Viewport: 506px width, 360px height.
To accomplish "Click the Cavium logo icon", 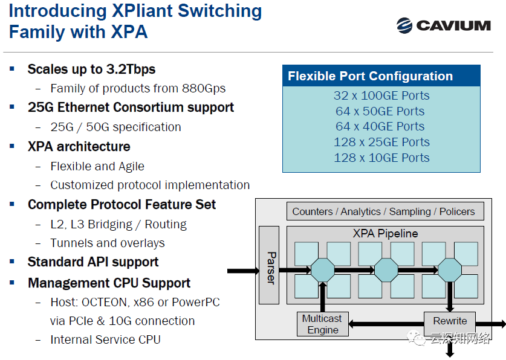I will click(404, 25).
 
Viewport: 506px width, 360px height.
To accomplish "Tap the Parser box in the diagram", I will click(269, 265).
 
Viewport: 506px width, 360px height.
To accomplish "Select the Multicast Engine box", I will click(323, 324).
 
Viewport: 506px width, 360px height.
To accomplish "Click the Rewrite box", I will click(450, 321).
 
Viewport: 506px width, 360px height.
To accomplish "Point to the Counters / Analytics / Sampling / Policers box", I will click(384, 211).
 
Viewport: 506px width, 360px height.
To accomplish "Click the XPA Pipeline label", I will click(385, 233).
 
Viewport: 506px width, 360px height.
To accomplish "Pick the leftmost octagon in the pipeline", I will click(322, 270).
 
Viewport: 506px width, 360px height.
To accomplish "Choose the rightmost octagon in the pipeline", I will click(449, 270).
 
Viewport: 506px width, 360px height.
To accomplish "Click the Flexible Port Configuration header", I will click(370, 76).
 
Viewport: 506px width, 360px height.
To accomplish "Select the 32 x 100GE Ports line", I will click(381, 95).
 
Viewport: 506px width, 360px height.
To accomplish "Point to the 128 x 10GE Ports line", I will click(381, 158).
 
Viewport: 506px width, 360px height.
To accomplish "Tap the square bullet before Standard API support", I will click(12, 262).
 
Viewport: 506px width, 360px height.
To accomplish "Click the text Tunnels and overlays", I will click(108, 243).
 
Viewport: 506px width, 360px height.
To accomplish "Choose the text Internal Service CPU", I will click(105, 339).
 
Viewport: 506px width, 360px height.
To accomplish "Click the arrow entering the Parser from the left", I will click(242, 270).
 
